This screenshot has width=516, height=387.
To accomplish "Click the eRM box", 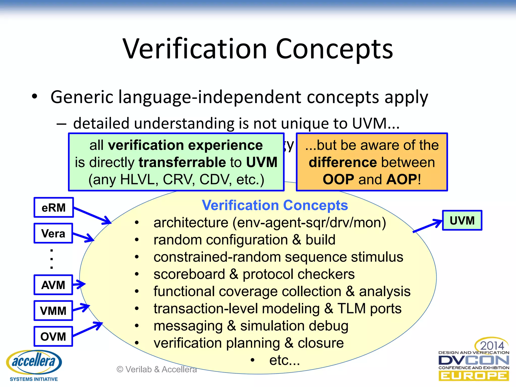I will pyautogui.click(x=54, y=208).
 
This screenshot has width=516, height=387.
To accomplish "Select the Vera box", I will pyautogui.click(x=53, y=233).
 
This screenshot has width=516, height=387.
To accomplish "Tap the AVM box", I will pyautogui.click(x=53, y=285).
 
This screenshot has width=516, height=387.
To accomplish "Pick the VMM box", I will pyautogui.click(x=53, y=311).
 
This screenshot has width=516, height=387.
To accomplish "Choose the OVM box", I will pyautogui.click(x=53, y=337).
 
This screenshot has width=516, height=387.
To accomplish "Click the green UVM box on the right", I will pyautogui.click(x=462, y=220).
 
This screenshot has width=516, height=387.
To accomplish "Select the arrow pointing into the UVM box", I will pyautogui.click(x=428, y=226).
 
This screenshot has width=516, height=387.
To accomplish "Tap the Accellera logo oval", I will pyautogui.click(x=34, y=362).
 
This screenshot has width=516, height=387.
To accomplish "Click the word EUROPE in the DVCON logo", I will pyautogui.click(x=474, y=376).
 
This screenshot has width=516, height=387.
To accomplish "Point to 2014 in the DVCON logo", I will pyautogui.click(x=492, y=345).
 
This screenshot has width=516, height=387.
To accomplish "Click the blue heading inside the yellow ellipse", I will pyautogui.click(x=275, y=205).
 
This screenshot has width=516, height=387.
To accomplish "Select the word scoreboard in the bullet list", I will pyautogui.click(x=189, y=274).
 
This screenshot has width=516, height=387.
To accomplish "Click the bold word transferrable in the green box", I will pyautogui.click(x=182, y=162).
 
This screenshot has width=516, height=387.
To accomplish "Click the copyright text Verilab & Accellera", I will pyautogui.click(x=156, y=369).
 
